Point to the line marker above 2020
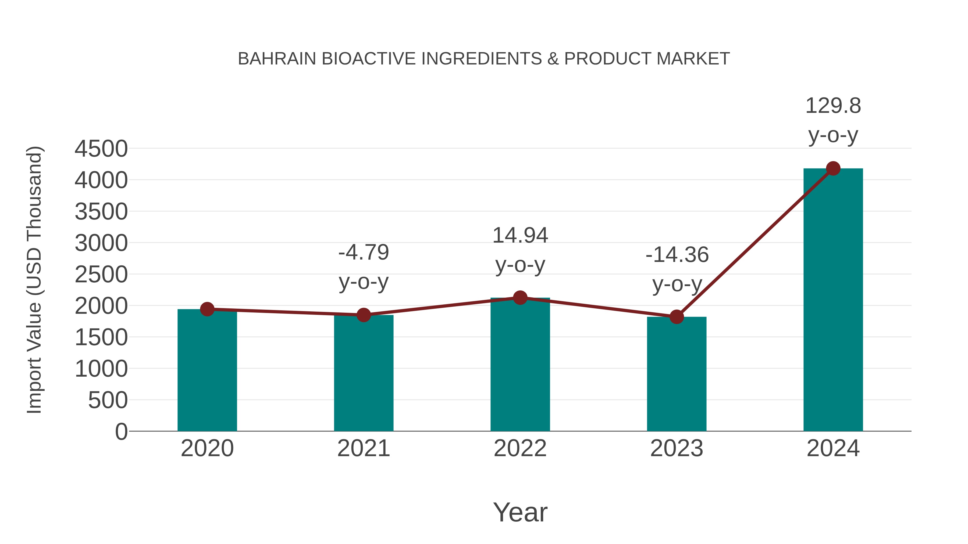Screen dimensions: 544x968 click(207, 309)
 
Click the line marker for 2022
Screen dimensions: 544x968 click(520, 298)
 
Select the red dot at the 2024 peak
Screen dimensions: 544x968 click(833, 168)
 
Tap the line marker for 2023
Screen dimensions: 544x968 click(677, 317)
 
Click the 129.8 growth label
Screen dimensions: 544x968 click(833, 106)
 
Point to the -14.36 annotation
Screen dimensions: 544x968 click(677, 255)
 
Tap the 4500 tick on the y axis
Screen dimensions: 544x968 click(101, 149)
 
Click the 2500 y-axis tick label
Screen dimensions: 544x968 click(101, 275)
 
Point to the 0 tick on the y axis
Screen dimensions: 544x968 click(121, 431)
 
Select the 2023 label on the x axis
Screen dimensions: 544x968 click(677, 448)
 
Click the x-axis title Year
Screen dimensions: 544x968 click(520, 512)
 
